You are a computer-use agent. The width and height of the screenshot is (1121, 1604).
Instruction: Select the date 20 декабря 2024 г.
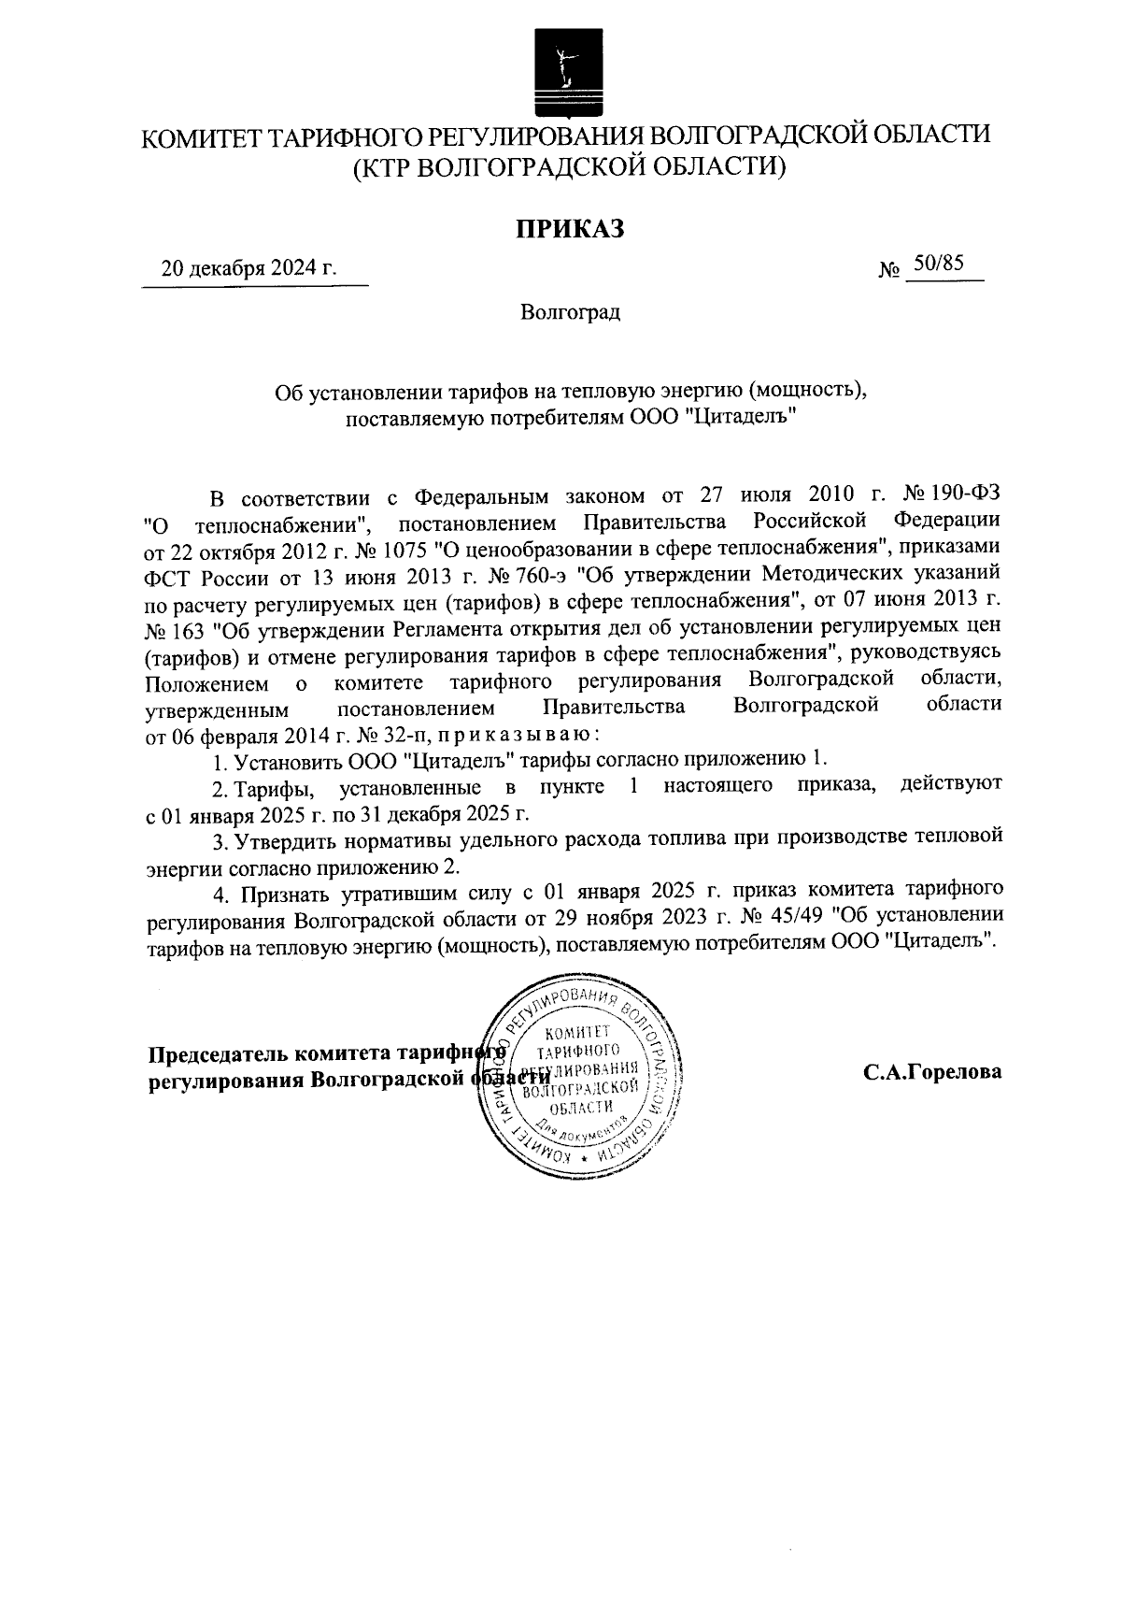(x=248, y=270)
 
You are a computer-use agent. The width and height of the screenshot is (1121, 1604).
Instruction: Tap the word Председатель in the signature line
(x=218, y=1054)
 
